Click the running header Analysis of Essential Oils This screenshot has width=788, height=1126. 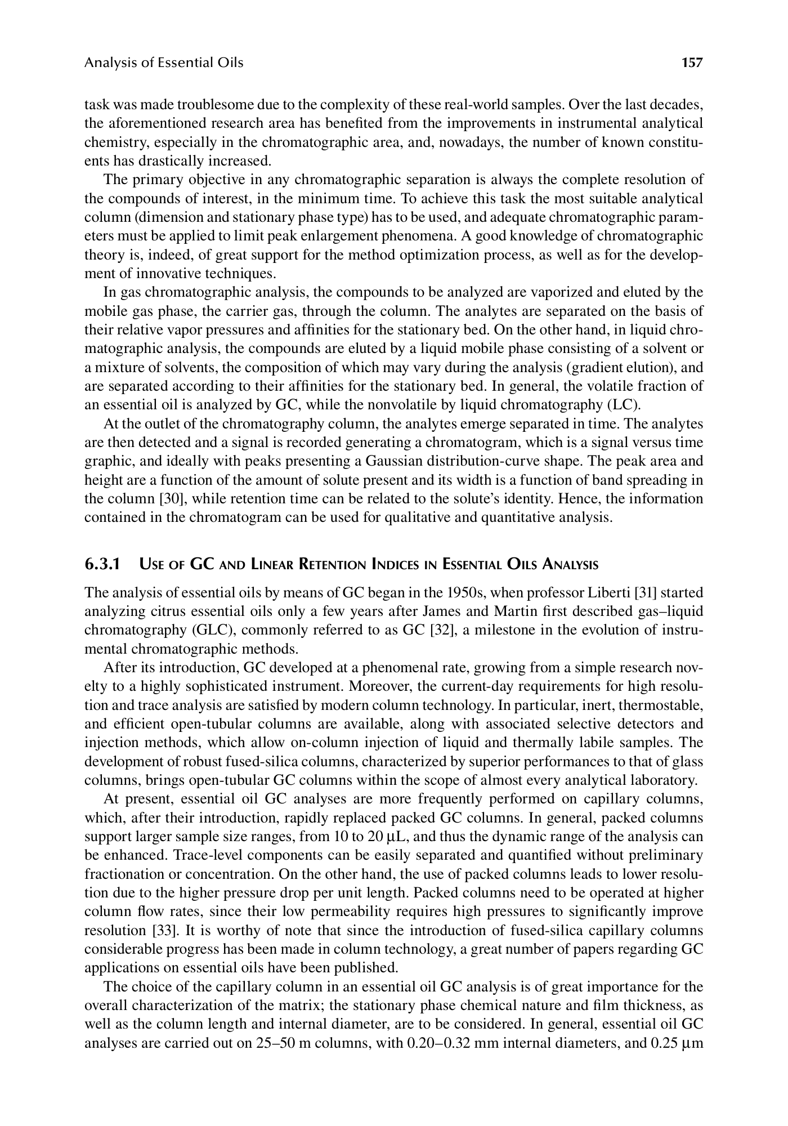click(x=164, y=62)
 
